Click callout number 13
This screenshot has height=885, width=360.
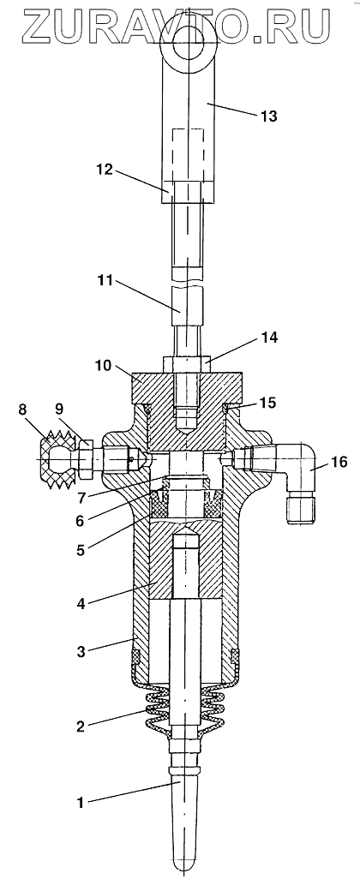click(269, 117)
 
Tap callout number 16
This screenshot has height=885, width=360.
click(339, 463)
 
